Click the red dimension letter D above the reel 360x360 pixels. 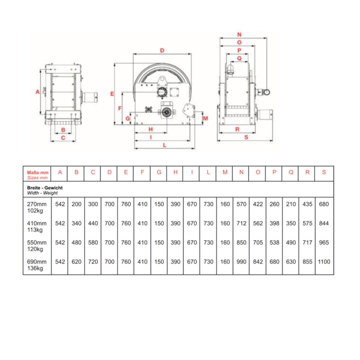162,50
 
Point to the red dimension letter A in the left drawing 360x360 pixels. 37,92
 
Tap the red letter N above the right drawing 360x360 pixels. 239,34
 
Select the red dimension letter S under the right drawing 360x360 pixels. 246,137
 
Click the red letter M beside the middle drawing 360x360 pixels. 205,118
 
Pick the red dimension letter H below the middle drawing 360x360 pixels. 150,129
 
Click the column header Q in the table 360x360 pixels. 291,172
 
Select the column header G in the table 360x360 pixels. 159,172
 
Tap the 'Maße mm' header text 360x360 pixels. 37,172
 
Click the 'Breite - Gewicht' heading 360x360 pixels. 45,188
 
